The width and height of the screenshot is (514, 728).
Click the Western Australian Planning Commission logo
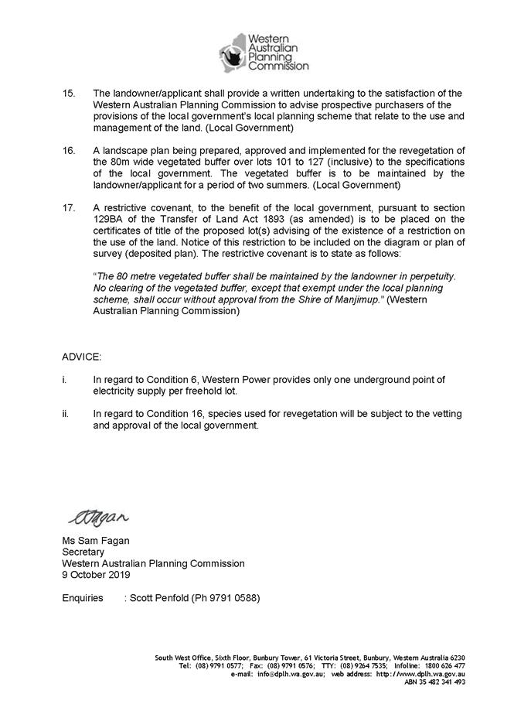[263, 52]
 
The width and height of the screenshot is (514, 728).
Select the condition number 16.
[69, 150]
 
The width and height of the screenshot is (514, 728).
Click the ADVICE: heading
[81, 358]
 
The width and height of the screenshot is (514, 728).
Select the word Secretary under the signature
[83, 552]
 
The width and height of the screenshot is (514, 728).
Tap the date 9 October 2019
[96, 575]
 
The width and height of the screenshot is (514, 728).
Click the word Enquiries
[83, 598]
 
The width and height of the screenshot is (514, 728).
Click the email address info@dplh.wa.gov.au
[289, 674]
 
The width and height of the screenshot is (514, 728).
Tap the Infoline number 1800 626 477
[446, 665]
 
